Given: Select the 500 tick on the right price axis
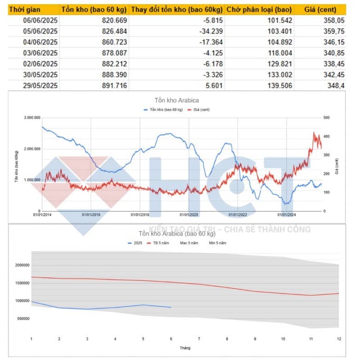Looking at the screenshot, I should coord(326,118).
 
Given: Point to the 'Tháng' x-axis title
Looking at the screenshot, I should coord(185,348).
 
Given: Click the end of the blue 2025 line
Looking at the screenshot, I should coord(171,307).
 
